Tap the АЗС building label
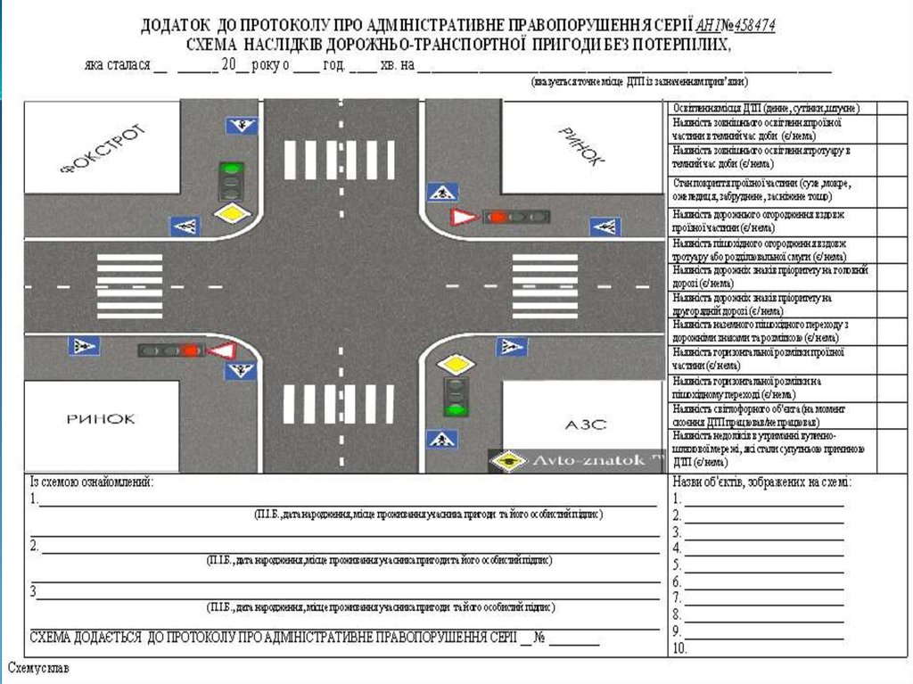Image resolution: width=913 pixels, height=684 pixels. pos(585,424)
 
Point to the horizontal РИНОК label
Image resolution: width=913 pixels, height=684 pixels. pos(100,417)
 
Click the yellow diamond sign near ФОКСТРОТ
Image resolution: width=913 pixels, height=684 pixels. pos(232,214)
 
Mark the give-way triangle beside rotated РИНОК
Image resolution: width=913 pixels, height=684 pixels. pos(464,217)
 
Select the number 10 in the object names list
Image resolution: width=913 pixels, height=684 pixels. pos(679,648)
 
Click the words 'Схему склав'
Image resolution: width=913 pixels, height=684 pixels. pos(38,667)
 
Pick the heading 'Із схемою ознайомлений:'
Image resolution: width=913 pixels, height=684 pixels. pos(93,482)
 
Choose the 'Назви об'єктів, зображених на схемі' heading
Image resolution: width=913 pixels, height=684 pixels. pos(761,482)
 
